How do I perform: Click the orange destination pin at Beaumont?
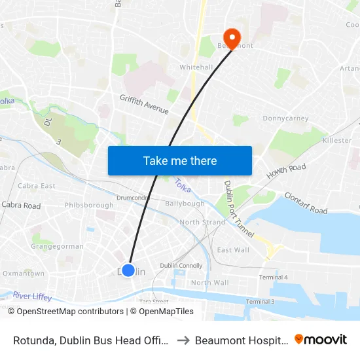[x=232, y=37]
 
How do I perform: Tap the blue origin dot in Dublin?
[x=128, y=270]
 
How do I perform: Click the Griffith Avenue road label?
[x=144, y=103]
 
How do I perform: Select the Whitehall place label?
[x=196, y=67]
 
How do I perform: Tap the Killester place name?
[x=337, y=141]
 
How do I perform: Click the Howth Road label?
[x=285, y=172]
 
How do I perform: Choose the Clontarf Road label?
[x=306, y=204]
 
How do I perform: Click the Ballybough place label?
[x=185, y=204]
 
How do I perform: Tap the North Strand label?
[x=202, y=223]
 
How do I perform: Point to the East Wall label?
[x=233, y=250]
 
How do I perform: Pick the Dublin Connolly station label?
[x=181, y=265]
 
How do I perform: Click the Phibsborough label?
[x=89, y=205]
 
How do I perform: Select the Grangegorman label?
[x=57, y=247]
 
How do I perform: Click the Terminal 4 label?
[x=273, y=278]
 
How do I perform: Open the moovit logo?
[x=321, y=339]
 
